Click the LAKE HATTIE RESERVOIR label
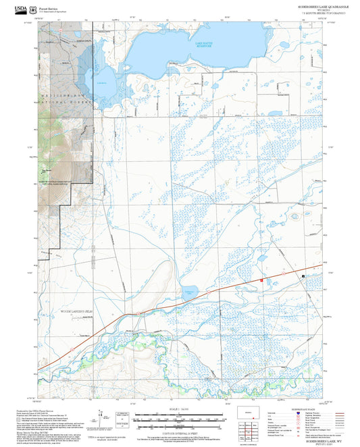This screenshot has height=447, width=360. pyautogui.click(x=203, y=45)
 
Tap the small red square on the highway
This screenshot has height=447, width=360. pyautogui.click(x=261, y=280)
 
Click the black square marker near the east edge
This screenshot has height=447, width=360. pyautogui.click(x=303, y=276)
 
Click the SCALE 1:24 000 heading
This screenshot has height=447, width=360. pyautogui.click(x=179, y=409)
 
